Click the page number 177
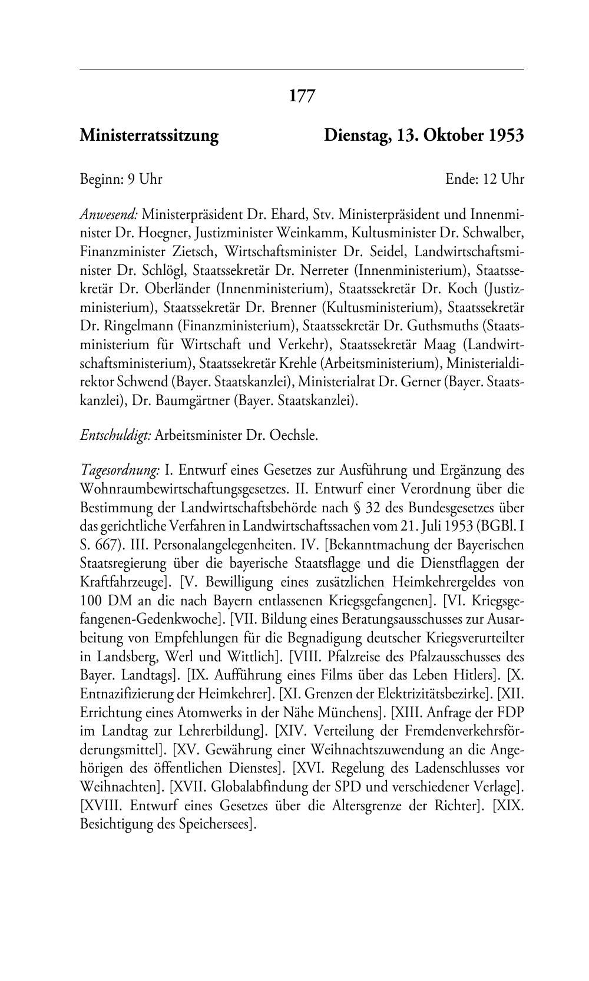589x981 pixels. click(302, 95)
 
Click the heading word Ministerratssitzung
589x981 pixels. click(149, 136)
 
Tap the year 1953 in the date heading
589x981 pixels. click(505, 136)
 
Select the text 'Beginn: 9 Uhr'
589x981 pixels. click(121, 179)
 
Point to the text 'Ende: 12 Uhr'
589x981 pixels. click(485, 179)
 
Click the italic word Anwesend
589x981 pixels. click(108, 214)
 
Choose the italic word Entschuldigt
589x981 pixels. click(115, 436)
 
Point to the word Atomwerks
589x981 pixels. click(203, 712)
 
